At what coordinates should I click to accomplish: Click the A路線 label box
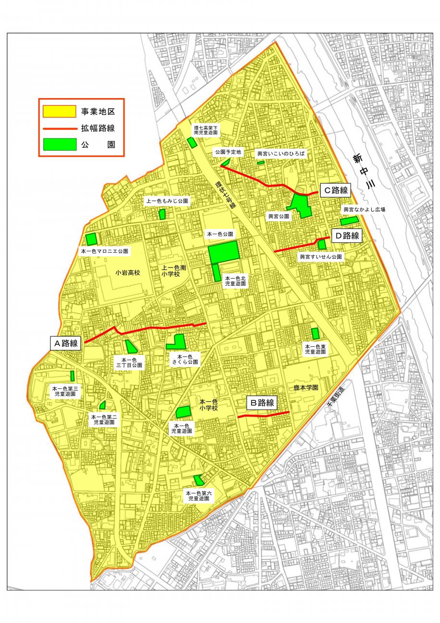[65, 343]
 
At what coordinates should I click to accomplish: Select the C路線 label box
[335, 191]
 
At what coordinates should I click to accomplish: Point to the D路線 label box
[346, 235]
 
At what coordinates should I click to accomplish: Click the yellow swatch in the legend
[60, 112]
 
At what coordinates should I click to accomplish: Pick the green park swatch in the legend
[60, 144]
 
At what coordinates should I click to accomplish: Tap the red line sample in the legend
[60, 128]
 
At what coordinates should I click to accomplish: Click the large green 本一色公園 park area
[223, 252]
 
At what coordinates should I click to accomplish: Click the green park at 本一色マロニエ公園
[91, 239]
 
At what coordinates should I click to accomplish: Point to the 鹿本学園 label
[306, 387]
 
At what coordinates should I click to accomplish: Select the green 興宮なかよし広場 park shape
[349, 221]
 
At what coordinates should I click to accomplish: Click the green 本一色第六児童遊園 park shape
[198, 480]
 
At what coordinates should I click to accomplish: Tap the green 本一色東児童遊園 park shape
[315, 333]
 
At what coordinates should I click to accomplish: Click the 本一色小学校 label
[209, 405]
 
